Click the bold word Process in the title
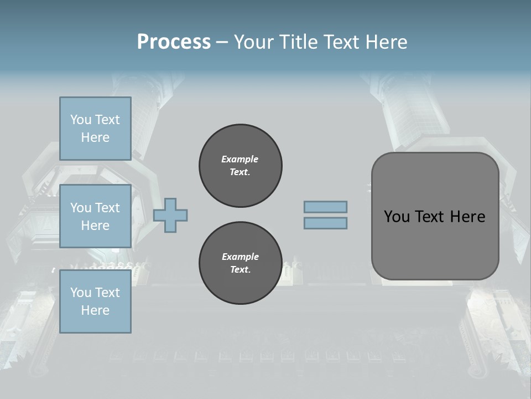point(174,42)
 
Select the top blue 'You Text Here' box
point(95,129)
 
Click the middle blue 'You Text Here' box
point(95,216)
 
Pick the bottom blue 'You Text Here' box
point(95,301)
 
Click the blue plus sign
point(170,215)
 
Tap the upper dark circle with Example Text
point(240,166)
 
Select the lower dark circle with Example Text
point(240,263)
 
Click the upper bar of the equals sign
point(325,207)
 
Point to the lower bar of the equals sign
point(325,223)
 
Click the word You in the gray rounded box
point(397,217)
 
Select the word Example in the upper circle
point(240,159)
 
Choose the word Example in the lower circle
point(240,257)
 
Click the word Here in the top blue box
point(95,137)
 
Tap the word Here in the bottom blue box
point(95,310)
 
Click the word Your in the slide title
point(254,42)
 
